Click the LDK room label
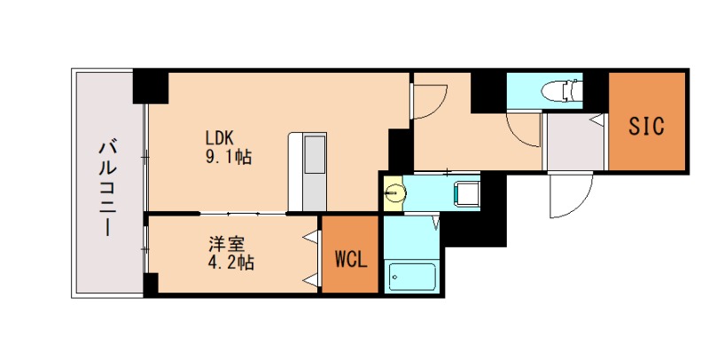coord(219,137)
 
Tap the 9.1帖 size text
coord(229,156)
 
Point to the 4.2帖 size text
coord(230,262)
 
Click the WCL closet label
coord(351,260)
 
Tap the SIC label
coord(647,126)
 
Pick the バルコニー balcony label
coord(107,188)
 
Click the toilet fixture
coord(562,90)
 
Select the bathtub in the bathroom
coord(412,277)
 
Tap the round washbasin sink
coord(394,193)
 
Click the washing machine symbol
coord(467,193)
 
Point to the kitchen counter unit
coord(308,172)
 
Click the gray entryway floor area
coord(575,141)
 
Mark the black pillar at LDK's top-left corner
coord(151,86)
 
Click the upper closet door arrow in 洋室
coord(311,237)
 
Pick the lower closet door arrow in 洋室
coord(311,280)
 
